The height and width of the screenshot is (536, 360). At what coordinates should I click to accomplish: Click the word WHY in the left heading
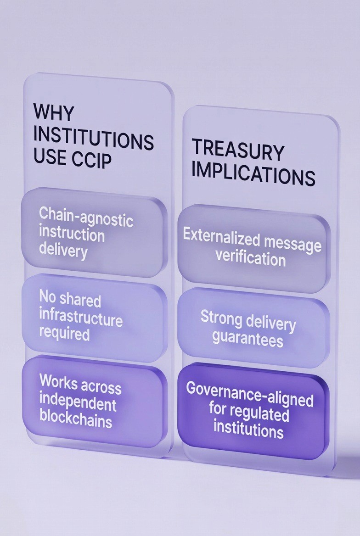(x=53, y=112)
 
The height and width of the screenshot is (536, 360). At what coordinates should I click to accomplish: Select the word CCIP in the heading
(x=92, y=160)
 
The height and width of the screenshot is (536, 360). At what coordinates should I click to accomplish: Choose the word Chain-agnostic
(x=86, y=217)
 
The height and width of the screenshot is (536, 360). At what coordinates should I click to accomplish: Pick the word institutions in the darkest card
(x=249, y=430)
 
